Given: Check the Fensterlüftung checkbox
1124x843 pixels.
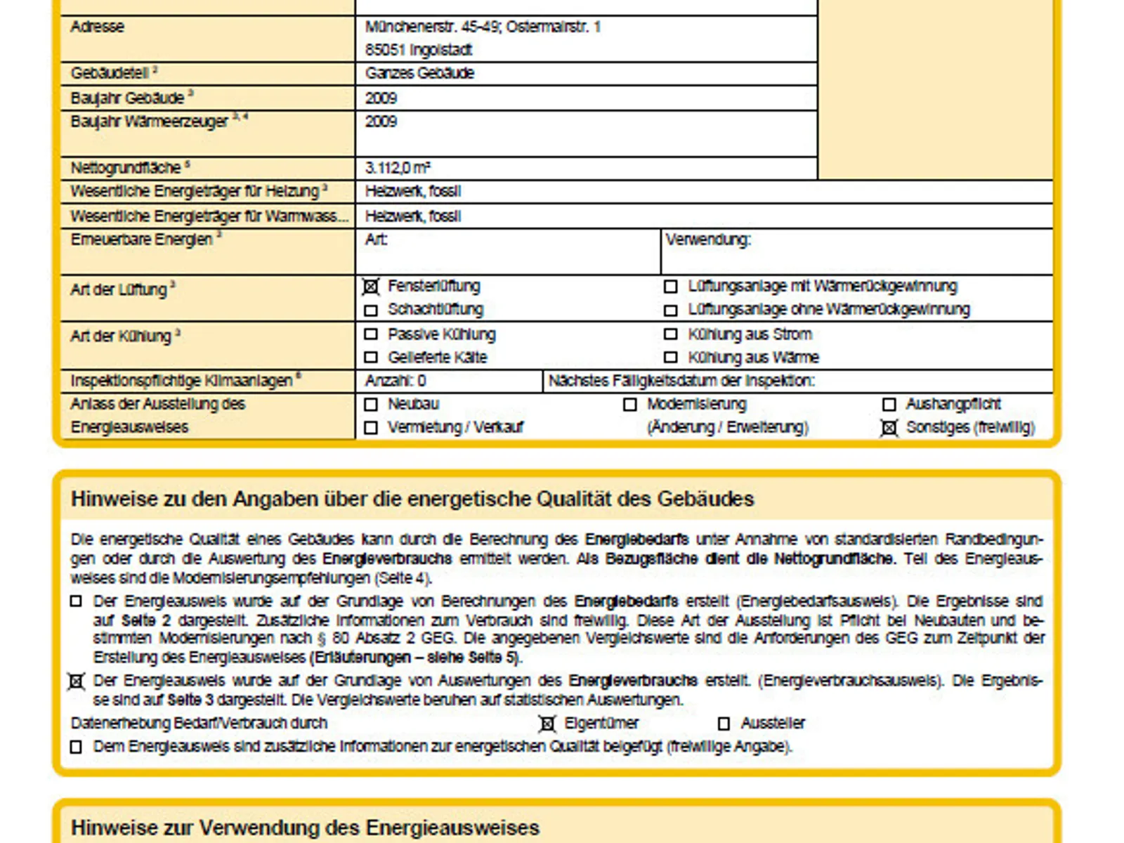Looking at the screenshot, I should click(x=371, y=287).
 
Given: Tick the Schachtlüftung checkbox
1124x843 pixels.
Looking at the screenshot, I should click(x=371, y=310).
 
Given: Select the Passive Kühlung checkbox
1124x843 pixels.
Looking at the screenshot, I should click(x=371, y=334).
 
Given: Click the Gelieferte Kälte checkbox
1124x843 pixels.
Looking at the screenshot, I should click(x=371, y=358).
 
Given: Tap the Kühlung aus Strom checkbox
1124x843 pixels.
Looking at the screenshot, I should click(x=671, y=334).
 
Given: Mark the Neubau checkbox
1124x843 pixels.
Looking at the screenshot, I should click(x=371, y=405).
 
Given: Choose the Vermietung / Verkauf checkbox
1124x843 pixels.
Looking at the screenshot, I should click(x=371, y=428).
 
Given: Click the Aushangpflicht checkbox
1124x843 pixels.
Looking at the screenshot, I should click(x=889, y=405).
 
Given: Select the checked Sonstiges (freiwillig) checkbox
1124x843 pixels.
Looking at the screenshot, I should click(x=889, y=428).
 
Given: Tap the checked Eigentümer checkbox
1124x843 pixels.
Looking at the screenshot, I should click(x=547, y=724).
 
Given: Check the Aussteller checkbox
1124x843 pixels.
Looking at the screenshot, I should click(x=724, y=724).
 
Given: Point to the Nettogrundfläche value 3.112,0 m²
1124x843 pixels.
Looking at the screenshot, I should click(x=398, y=168).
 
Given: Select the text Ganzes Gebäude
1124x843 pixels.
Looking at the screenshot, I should click(x=419, y=73).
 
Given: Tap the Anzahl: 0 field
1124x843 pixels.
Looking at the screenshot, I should click(x=396, y=381).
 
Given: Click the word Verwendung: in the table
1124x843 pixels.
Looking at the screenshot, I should click(x=707, y=240).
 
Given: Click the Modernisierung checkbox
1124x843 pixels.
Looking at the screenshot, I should click(x=630, y=405).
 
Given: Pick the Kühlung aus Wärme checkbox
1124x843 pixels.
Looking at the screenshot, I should click(x=671, y=358).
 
